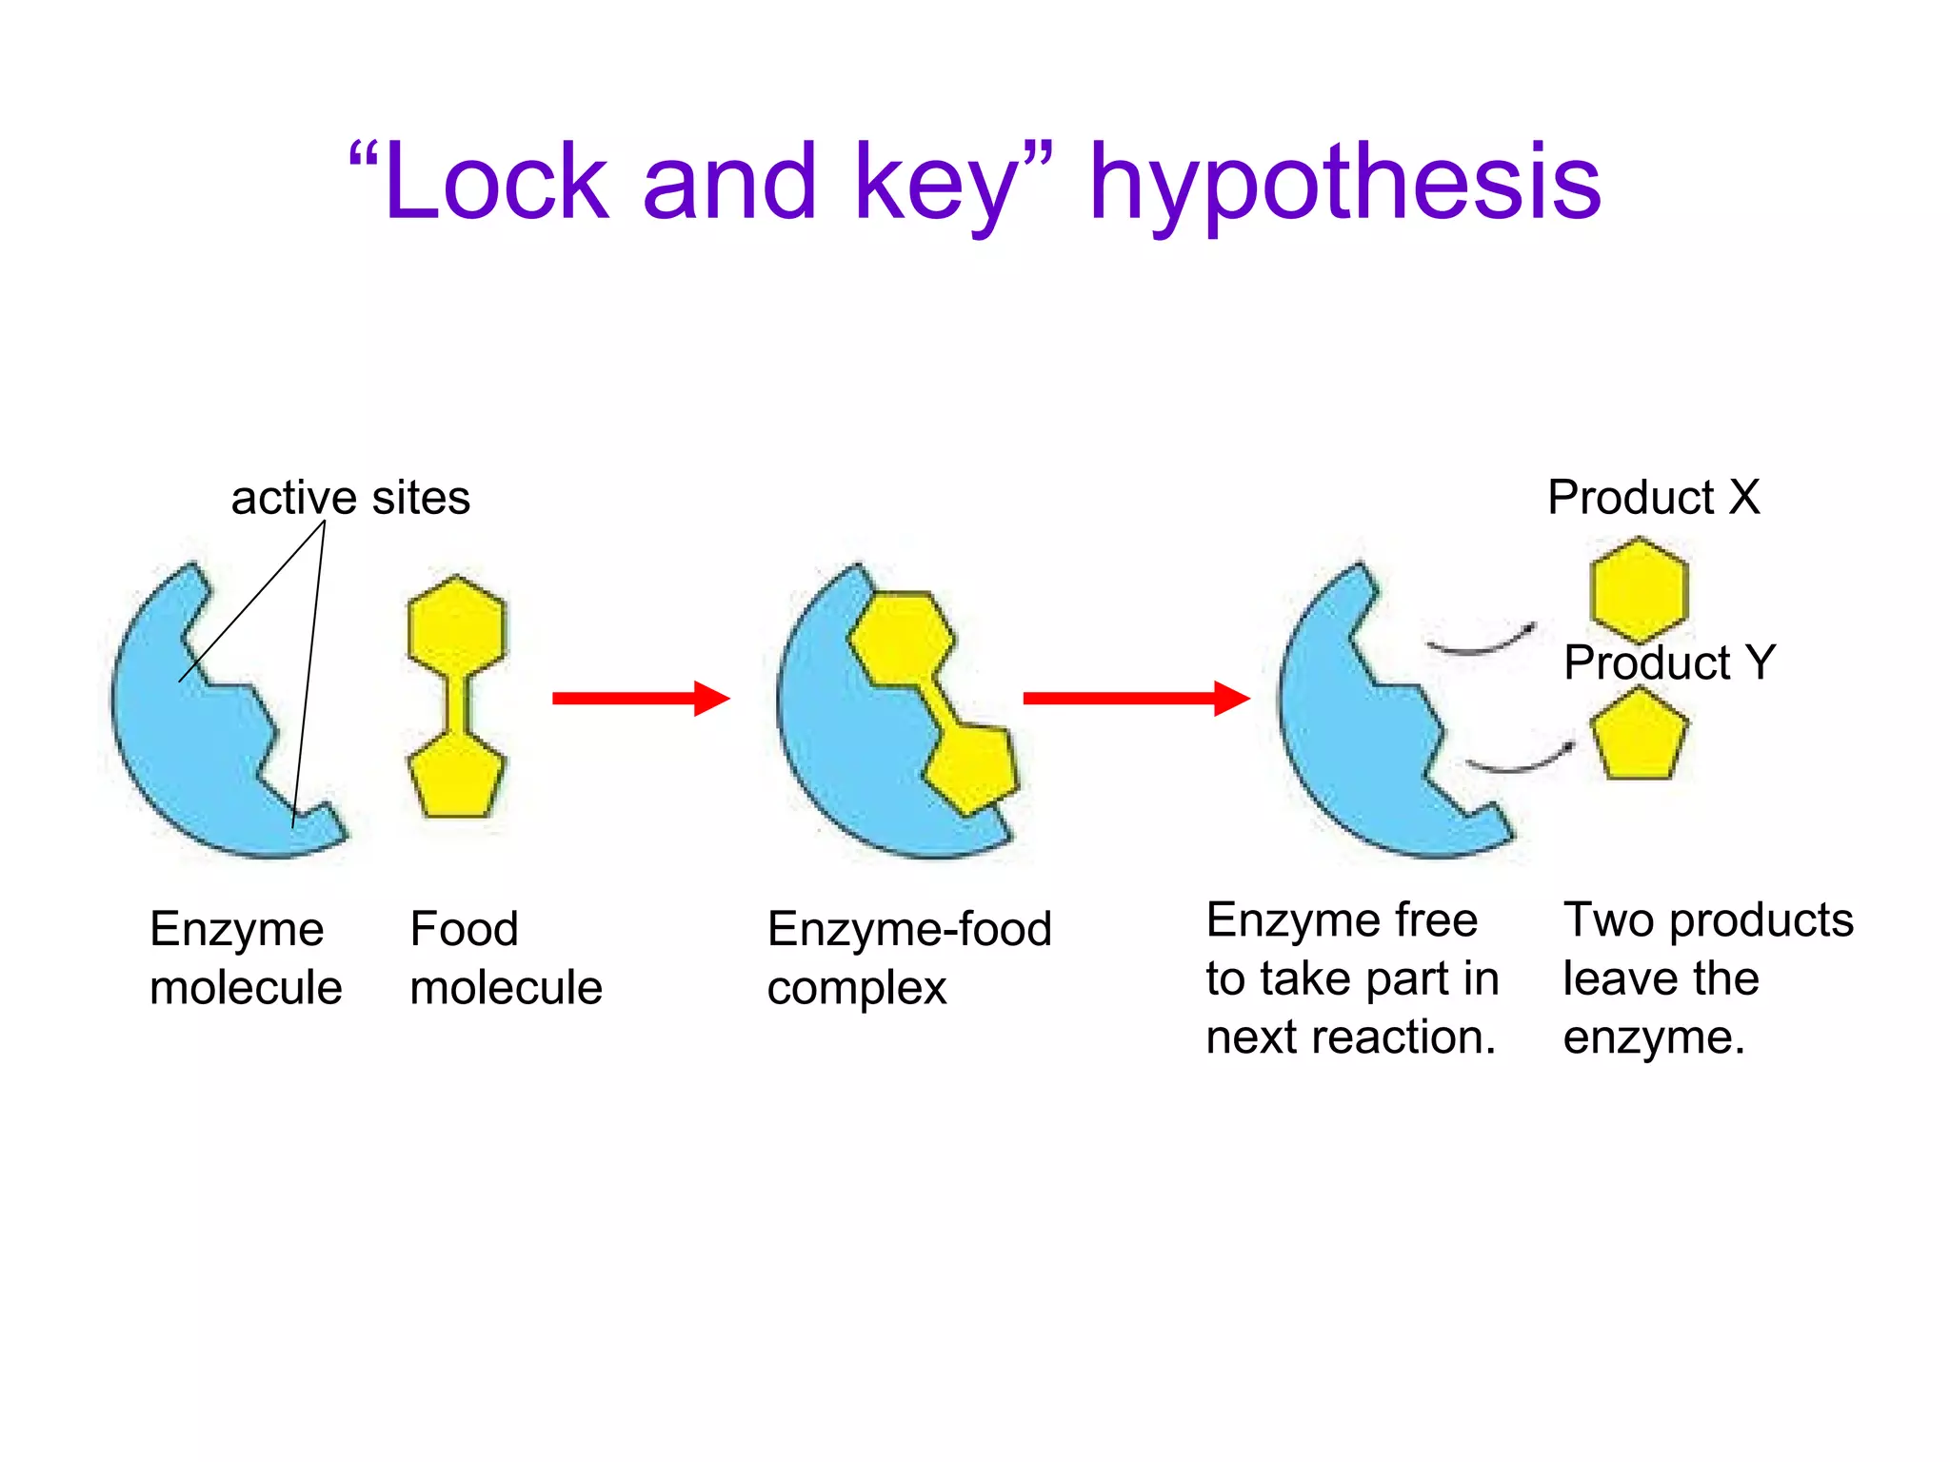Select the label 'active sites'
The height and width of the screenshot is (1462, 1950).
(350, 498)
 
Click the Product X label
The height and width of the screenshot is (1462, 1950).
(1653, 497)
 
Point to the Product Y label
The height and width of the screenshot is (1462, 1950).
(1669, 662)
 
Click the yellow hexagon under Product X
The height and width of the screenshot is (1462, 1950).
(1639, 589)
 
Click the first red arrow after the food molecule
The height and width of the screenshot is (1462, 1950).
(640, 698)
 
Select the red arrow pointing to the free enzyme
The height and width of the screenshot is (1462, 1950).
(1135, 698)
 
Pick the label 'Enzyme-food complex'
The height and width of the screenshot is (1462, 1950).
(909, 958)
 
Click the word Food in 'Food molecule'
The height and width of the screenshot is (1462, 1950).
(464, 929)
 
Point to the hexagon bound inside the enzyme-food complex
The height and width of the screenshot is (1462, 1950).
(901, 638)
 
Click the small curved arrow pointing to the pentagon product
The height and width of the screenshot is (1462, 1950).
(1521, 760)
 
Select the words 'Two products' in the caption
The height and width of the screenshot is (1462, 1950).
(1708, 920)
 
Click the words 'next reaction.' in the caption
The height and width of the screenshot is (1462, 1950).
(1350, 1037)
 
